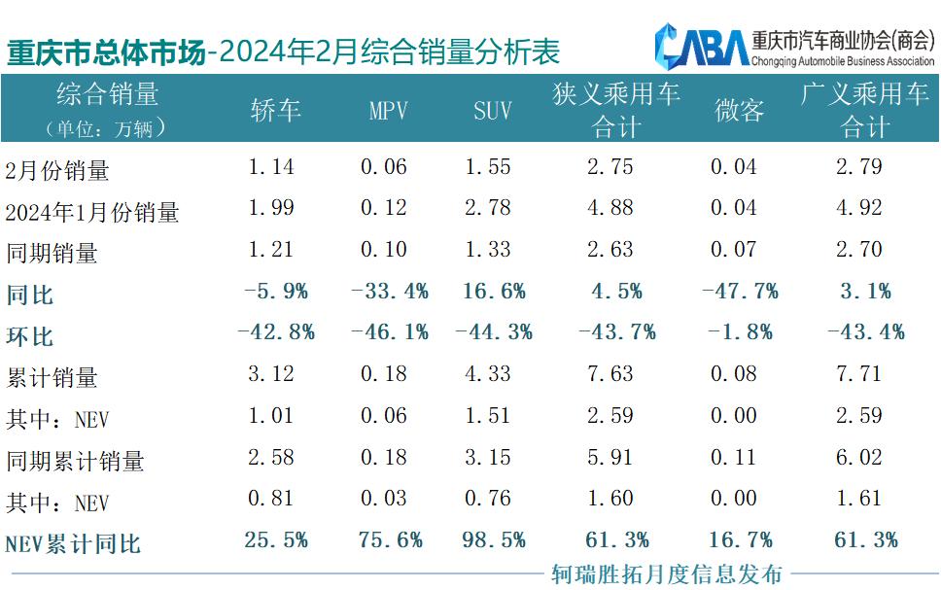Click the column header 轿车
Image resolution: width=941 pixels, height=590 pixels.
276,110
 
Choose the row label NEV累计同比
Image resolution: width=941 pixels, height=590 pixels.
72,542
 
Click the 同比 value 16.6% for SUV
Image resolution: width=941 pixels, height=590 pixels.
495,291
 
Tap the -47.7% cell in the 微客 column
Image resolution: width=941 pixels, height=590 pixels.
739,291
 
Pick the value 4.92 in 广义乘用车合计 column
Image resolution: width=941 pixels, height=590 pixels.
859,208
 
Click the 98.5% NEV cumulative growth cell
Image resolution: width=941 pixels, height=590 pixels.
495,539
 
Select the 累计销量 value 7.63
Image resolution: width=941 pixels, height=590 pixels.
610,374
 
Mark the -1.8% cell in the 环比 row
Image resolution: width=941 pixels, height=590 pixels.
740,332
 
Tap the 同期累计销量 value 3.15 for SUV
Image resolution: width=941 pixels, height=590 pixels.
488,458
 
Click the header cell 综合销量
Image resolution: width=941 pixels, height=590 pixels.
108,95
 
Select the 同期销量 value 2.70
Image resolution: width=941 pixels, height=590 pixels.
859,250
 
